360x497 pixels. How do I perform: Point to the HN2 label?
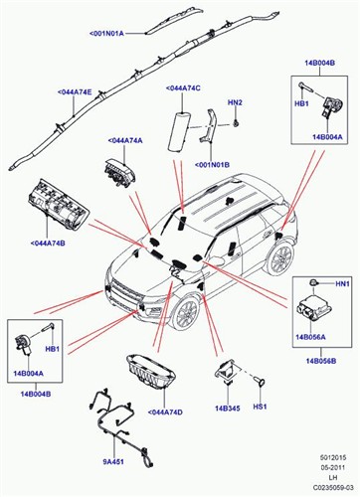click(x=235, y=102)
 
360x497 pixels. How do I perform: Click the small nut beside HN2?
click(x=240, y=121)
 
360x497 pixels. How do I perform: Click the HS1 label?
click(x=261, y=408)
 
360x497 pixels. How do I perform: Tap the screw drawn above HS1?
click(x=261, y=381)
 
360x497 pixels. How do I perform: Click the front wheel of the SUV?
click(x=184, y=314)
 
